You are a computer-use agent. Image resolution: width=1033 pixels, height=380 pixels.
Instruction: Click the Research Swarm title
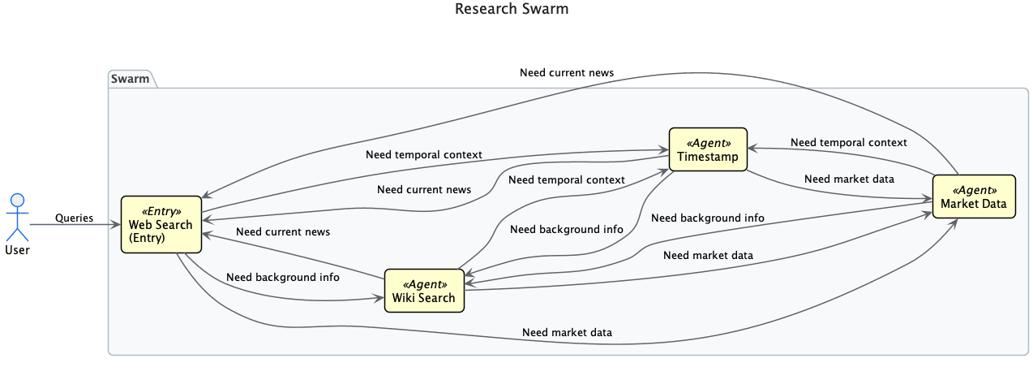512,9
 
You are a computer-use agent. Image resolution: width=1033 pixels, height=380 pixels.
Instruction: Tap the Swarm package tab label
130,79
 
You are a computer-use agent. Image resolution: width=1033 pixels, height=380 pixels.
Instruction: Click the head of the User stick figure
18,200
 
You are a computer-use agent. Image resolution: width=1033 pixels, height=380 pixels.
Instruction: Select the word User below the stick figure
17,250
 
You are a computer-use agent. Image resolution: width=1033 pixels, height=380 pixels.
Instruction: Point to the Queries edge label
75,218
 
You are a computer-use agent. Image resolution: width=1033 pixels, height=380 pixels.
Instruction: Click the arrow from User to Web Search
75,225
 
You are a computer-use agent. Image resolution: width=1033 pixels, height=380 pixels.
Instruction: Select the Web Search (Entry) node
161,224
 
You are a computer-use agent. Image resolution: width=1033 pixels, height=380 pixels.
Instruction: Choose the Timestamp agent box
708,149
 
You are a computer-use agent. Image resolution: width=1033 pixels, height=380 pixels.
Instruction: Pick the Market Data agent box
974,196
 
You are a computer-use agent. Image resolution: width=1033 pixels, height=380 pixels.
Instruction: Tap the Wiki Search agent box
424,291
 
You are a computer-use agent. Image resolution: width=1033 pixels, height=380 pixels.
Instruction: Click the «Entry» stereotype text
161,211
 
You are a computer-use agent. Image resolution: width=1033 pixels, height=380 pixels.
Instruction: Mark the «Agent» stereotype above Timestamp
709,143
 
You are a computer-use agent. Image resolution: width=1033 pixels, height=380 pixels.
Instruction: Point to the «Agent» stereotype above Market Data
975,190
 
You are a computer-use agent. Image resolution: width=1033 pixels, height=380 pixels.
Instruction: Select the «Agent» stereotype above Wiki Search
425,284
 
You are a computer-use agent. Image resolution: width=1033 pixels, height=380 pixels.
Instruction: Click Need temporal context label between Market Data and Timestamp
848,143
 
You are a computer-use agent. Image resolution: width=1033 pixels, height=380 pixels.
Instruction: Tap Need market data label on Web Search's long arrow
567,332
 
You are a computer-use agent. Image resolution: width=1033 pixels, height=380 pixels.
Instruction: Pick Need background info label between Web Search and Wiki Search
283,277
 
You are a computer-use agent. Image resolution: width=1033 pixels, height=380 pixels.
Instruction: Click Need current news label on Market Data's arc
567,72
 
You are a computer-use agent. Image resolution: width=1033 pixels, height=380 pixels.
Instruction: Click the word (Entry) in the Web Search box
147,238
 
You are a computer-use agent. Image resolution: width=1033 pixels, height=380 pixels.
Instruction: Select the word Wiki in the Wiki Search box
404,298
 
